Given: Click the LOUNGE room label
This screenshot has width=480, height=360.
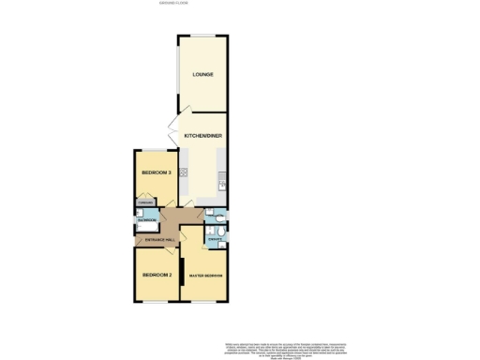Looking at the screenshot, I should tap(202, 75).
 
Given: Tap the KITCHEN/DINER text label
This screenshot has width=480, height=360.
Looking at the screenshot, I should tap(203, 137).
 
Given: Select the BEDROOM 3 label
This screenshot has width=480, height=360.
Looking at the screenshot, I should tap(155, 173).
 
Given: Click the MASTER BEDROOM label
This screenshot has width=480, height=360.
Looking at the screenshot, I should tap(206, 276).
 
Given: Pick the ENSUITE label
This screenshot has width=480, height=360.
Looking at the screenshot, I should tap(215, 240).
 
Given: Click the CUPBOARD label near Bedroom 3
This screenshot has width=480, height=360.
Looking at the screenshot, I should tap(144, 202).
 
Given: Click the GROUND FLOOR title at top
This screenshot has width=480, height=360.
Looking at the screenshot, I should tap(175, 4).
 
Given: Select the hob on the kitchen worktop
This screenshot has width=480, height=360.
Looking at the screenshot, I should tap(184, 172).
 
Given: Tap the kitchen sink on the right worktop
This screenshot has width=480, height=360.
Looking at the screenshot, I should tap(222, 178).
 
